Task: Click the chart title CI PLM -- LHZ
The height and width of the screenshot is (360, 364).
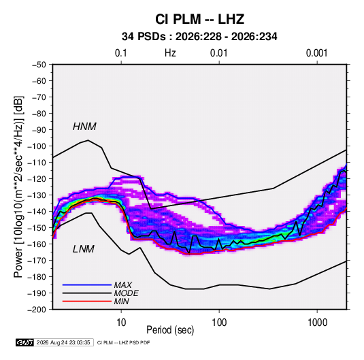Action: pos(199,19)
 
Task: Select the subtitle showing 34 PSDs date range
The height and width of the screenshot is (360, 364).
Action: pos(199,37)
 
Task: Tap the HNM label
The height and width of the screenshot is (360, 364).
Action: pos(84,127)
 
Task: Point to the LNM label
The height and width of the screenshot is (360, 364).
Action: pos(84,249)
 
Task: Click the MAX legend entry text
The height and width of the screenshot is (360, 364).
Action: pos(123,284)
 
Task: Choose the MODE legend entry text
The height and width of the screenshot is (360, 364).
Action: pos(127,293)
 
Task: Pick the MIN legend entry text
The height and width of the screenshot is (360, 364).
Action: pos(121,301)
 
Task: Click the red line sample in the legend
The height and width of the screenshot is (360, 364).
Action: pos(87,301)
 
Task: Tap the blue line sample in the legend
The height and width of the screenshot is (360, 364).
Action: pos(87,284)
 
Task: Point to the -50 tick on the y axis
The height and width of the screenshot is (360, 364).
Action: pos(39,65)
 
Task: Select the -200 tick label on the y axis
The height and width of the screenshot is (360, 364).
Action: pos(37,310)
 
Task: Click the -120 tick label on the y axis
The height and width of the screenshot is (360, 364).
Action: pos(37,179)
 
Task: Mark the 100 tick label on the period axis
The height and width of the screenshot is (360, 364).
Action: pos(219,323)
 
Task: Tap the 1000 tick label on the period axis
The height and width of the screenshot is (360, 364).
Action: pos(317,323)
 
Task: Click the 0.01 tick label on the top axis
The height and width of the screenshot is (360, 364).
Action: pos(218,53)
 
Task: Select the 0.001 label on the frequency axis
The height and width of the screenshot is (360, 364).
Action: pos(316,53)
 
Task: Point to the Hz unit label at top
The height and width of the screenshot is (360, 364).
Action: pos(170,53)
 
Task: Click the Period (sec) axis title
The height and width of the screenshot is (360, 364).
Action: pos(170,330)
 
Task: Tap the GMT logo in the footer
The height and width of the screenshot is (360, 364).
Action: pos(24,342)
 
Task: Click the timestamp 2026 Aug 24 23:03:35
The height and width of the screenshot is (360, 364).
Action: pos(63,342)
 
